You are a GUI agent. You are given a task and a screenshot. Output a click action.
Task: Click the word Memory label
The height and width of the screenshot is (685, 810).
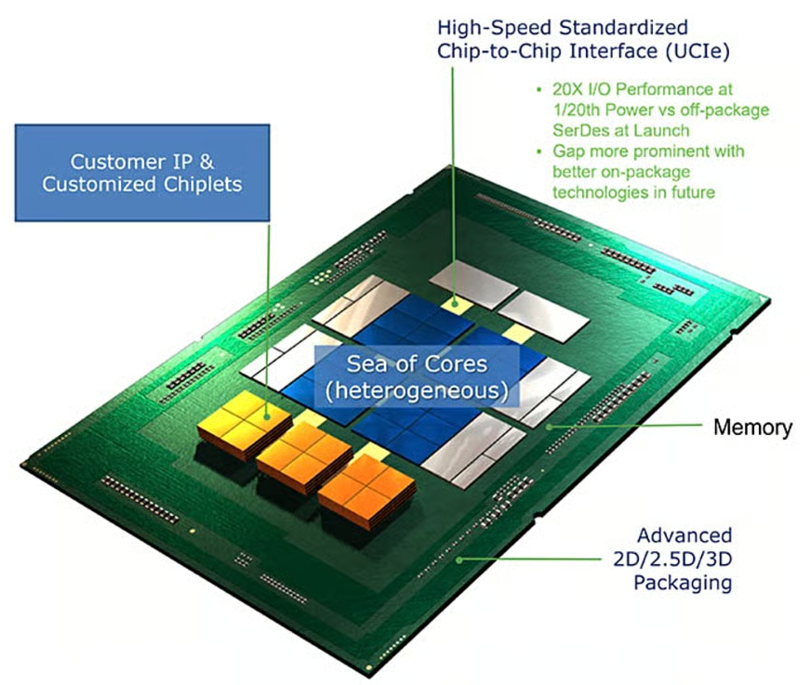pos(752,428)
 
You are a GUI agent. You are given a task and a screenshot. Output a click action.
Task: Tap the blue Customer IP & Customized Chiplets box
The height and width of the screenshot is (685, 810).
pos(141,173)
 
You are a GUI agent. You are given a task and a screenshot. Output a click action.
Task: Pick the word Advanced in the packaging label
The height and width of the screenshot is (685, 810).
pos(684,536)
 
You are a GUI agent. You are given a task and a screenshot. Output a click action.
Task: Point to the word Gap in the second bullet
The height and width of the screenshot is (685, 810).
pos(569,151)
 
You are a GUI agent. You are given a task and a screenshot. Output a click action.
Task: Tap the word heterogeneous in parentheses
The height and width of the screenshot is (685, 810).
pos(416,388)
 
